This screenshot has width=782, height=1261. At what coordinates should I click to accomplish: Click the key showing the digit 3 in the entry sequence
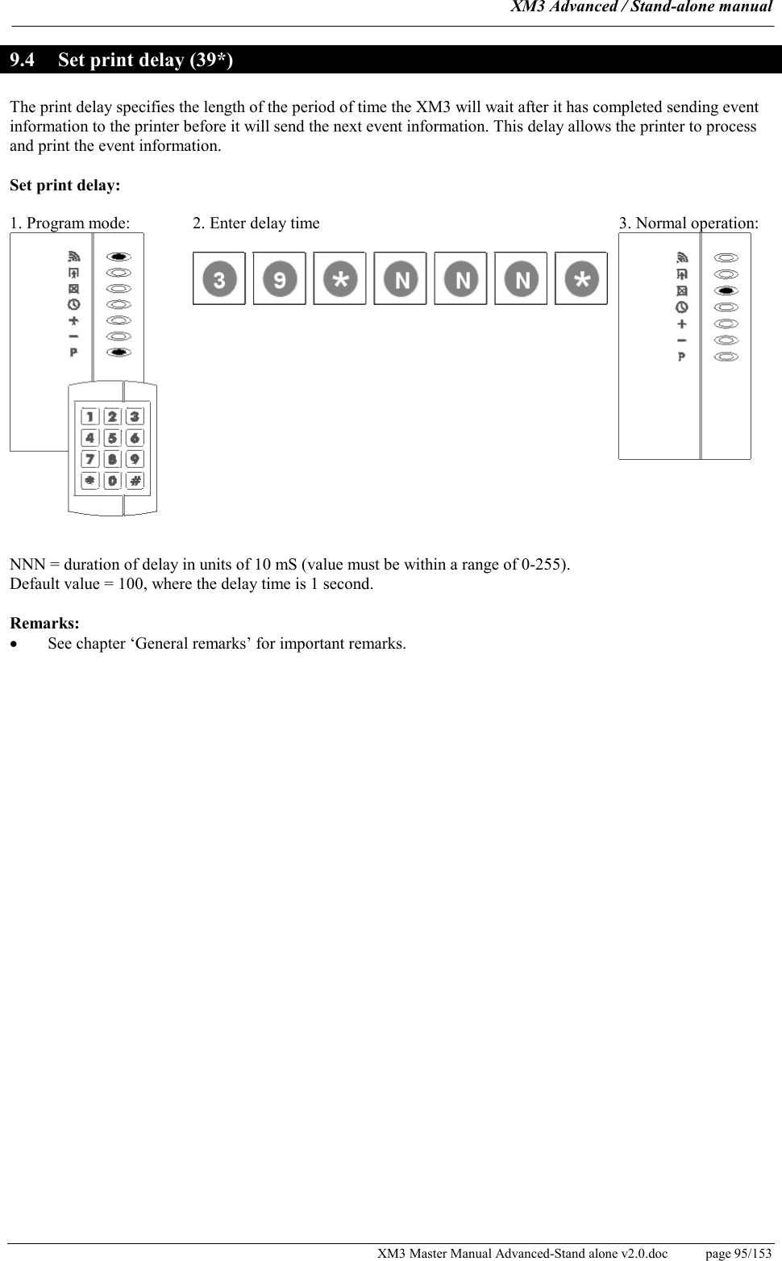point(219,279)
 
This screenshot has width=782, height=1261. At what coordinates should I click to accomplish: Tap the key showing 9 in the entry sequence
point(280,279)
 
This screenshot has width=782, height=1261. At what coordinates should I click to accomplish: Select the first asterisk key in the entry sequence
point(340,279)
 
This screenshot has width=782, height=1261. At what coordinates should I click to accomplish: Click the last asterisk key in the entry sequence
point(581,279)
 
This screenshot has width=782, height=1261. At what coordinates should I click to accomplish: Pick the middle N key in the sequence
point(461,279)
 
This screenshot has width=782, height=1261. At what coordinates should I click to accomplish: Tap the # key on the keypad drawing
point(135,480)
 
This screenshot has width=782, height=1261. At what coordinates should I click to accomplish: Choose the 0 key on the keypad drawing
point(112,480)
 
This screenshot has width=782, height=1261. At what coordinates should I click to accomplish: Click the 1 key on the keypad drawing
point(89,417)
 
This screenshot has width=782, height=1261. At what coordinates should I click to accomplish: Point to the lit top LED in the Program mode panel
point(119,257)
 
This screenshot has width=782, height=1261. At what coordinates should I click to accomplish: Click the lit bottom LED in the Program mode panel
point(119,352)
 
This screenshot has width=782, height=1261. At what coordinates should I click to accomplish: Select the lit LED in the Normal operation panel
point(726,290)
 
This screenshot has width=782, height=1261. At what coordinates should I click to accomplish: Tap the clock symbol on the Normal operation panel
point(682,307)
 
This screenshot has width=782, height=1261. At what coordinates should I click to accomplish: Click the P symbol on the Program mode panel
point(73,352)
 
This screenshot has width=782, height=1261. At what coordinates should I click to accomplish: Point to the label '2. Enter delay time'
point(256,223)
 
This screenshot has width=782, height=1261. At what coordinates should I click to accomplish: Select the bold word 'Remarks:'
point(44,624)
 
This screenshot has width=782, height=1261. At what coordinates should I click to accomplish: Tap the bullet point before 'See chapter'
point(14,645)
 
